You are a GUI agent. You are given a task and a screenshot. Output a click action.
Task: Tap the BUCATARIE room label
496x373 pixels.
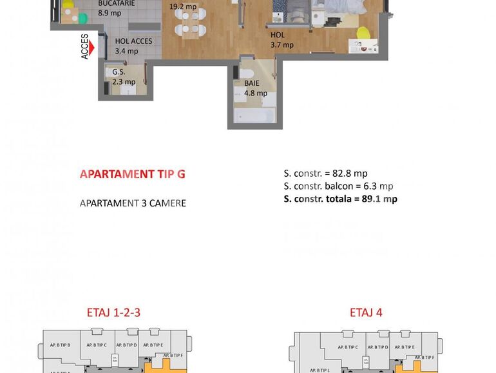click(116, 3)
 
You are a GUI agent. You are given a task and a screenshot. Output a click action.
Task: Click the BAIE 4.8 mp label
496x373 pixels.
click(255, 88)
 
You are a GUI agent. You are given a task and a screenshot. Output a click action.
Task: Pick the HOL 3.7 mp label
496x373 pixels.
click(281, 40)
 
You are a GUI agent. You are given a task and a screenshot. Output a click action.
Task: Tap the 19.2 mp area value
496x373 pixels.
click(182, 7)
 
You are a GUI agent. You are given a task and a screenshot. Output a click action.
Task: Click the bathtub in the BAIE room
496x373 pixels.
click(254, 116)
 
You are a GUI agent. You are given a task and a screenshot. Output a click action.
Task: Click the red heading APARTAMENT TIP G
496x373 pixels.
click(132, 174)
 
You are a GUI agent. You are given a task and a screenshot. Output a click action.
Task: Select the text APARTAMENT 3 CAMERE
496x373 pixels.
click(133, 203)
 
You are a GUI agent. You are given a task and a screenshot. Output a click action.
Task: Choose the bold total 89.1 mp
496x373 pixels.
click(379, 199)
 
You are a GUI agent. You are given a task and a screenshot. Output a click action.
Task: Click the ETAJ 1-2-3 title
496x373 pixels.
click(113, 313)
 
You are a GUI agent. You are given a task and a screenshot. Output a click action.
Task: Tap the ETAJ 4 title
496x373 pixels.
click(366, 313)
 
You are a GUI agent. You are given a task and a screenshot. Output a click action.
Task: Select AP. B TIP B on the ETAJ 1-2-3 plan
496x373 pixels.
click(61, 345)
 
